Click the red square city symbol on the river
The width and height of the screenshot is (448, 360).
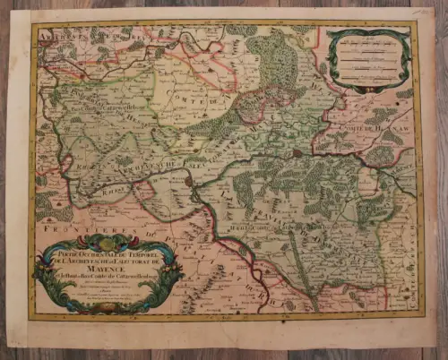coord(297,154)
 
